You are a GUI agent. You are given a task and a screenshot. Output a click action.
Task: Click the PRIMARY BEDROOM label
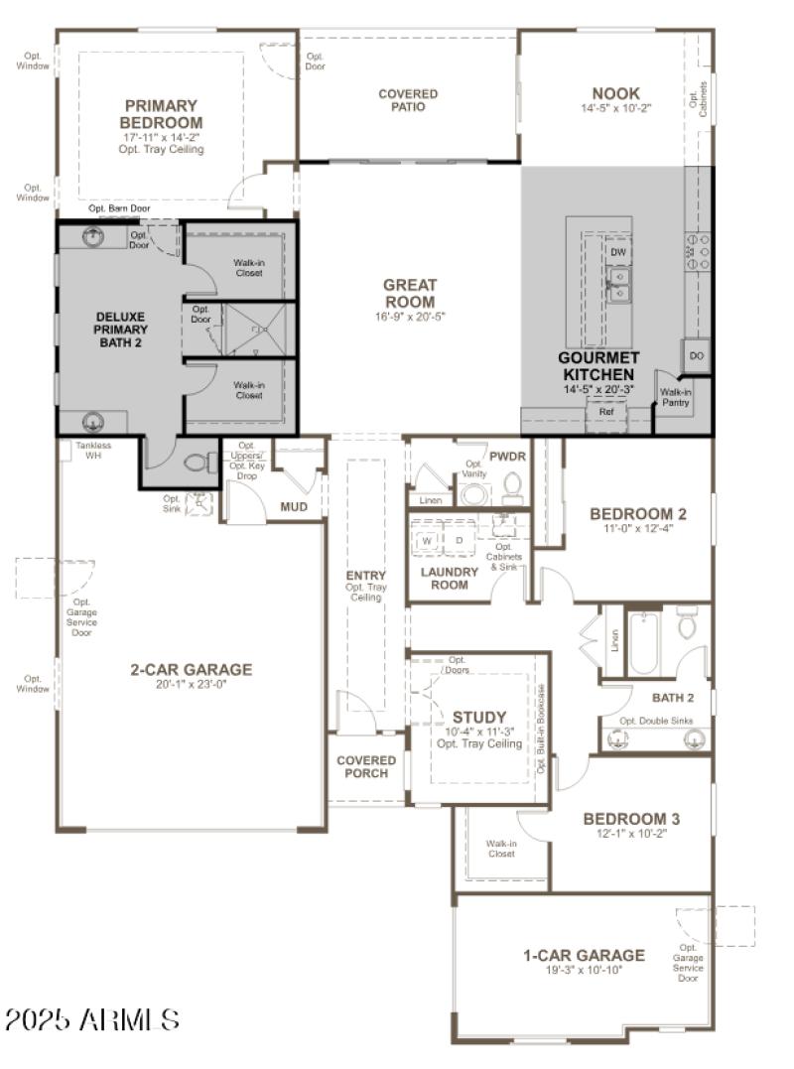161,113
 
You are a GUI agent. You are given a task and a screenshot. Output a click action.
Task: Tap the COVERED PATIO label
408,100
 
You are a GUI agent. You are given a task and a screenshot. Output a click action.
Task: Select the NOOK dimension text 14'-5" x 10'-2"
616,108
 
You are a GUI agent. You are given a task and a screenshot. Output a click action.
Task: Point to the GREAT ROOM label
410,293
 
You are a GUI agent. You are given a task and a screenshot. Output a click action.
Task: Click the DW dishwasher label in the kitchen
618,253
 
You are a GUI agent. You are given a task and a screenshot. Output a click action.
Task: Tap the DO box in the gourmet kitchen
697,355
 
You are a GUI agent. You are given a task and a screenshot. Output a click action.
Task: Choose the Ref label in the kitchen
605,410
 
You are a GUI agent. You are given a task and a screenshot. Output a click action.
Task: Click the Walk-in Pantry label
676,397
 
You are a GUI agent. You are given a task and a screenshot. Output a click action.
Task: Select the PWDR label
507,456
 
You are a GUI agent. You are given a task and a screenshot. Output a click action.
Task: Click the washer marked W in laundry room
429,541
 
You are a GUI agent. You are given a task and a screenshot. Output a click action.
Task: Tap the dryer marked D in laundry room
459,541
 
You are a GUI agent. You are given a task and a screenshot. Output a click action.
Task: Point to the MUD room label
294,507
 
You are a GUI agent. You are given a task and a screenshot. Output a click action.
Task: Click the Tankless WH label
93,451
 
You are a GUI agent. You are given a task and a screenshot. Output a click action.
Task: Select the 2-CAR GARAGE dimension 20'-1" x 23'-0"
192,684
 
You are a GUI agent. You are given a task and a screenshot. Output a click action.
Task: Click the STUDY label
479,717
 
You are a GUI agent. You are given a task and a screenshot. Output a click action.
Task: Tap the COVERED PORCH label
366,767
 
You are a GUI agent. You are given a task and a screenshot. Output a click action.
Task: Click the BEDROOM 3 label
631,819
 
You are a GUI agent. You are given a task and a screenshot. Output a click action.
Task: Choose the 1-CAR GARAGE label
584,955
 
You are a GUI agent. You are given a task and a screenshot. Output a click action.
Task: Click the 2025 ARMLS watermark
91,1018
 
